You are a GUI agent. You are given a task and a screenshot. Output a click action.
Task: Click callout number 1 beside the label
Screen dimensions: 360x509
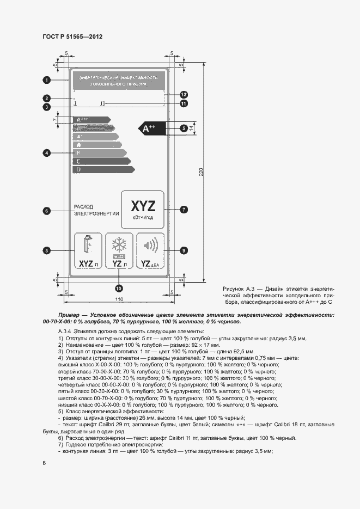tap(47, 81)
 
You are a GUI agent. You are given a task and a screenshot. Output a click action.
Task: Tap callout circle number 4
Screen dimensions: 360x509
tap(47, 153)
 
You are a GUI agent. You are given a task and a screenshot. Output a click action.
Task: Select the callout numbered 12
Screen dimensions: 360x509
tap(184, 94)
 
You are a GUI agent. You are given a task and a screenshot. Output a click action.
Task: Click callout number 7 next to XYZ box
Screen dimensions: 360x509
tap(184, 209)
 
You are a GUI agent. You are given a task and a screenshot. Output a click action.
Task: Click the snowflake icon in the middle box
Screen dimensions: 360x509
tap(119, 243)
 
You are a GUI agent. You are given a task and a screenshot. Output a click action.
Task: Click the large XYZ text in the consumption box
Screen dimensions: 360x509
tap(143, 206)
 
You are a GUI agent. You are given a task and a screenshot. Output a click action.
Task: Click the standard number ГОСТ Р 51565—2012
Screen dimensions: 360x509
tap(72, 36)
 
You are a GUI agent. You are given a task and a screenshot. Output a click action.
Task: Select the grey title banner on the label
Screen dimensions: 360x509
tap(119, 81)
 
